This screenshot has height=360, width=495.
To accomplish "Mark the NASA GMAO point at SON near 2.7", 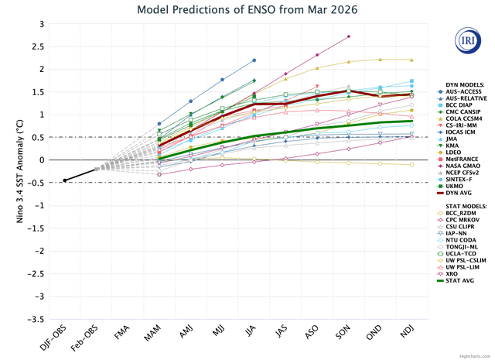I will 349,36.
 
